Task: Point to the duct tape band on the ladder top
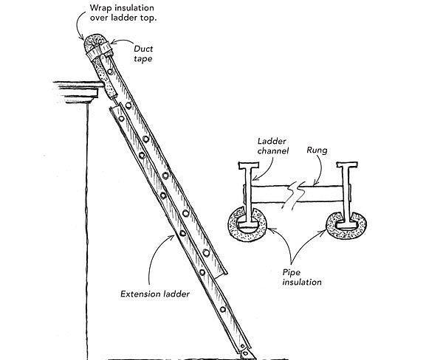(95, 53)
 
